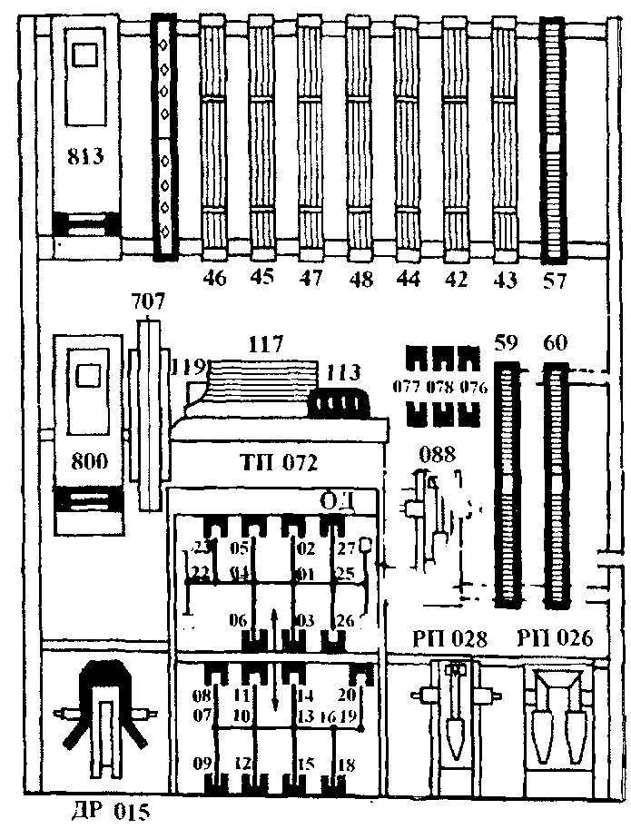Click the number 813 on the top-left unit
85,155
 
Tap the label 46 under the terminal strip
214,278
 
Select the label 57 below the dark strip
554,280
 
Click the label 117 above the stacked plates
266,345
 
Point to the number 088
436,453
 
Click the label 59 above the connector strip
506,344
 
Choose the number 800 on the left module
87,461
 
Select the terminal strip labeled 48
360,136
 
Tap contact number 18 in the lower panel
346,765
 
